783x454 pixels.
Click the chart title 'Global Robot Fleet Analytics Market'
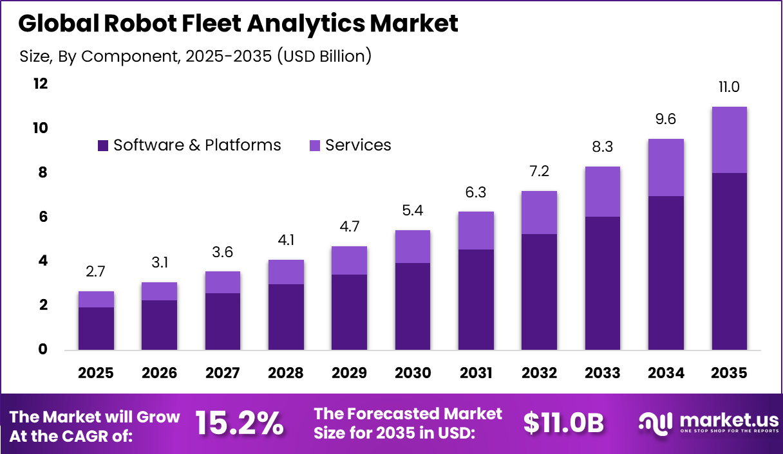point(238,24)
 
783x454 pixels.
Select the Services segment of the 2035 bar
point(729,140)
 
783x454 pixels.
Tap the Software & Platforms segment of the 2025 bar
point(96,329)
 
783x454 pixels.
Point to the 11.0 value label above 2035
point(729,87)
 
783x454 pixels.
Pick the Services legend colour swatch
point(315,146)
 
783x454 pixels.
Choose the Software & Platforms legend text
point(197,145)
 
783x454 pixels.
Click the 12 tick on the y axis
point(41,84)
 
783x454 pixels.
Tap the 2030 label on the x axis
point(412,374)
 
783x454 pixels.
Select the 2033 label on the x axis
point(603,374)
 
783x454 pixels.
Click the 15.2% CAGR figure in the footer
point(239,423)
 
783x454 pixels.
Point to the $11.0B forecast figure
point(563,423)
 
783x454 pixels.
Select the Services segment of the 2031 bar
point(476,230)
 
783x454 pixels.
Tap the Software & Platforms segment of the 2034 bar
point(666,273)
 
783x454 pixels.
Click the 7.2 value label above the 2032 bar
point(539,172)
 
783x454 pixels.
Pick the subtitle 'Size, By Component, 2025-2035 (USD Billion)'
point(196,56)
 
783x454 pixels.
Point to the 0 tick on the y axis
point(43,350)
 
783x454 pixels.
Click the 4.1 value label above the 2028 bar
point(286,241)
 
